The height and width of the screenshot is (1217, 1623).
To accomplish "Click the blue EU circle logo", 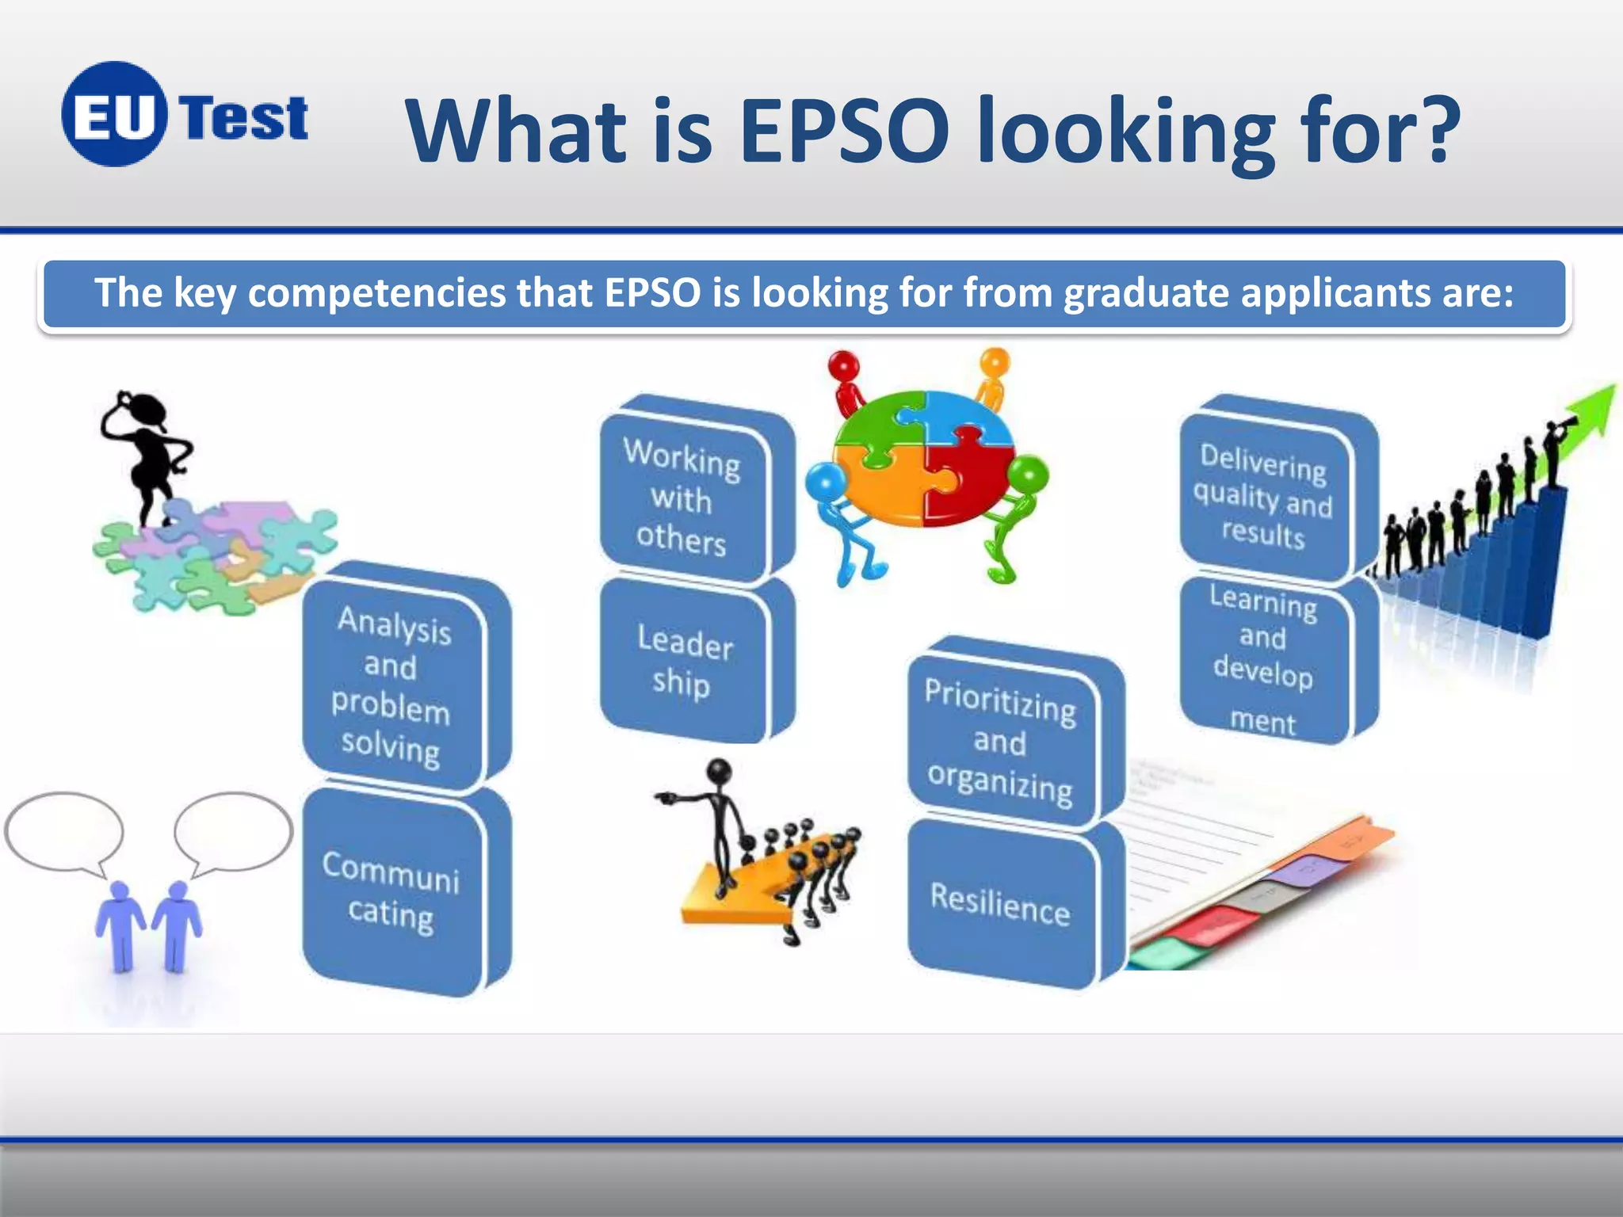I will coord(114,115).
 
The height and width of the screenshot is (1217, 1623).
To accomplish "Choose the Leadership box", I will coord(683,662).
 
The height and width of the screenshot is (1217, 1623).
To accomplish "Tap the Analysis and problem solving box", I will coord(392,685).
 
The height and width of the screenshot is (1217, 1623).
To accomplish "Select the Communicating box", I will coord(392,891).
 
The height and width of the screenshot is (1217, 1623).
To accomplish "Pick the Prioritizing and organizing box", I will coord(1000,741).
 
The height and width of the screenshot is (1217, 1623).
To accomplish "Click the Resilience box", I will coord(1000,903).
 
